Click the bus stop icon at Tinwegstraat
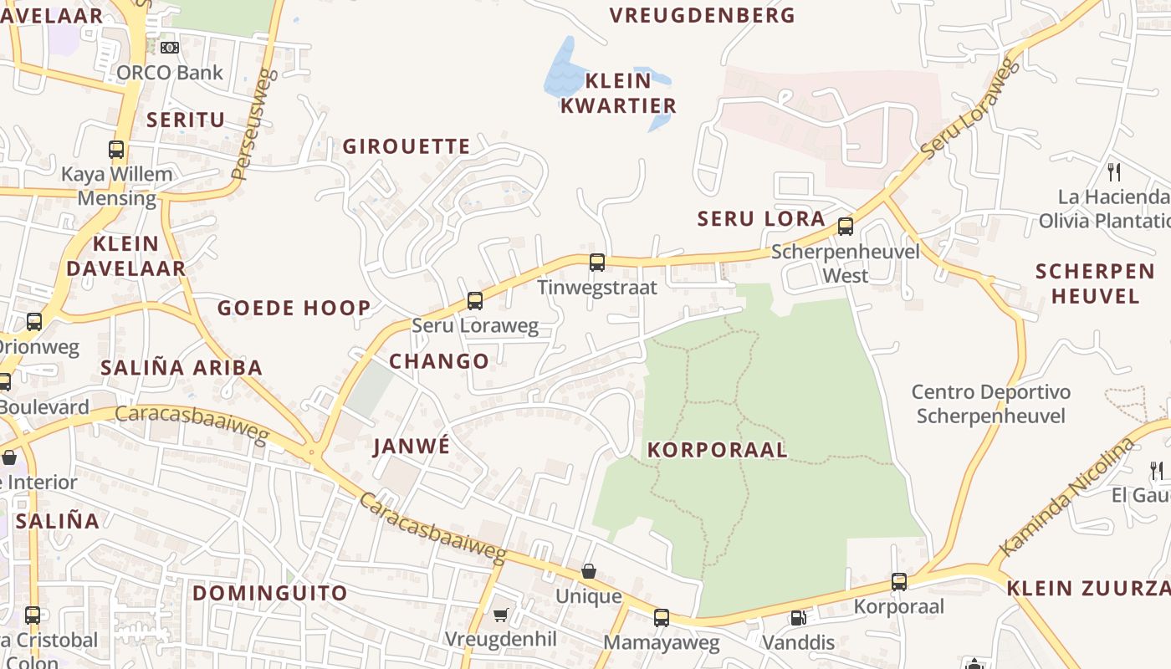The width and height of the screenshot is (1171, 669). [597, 263]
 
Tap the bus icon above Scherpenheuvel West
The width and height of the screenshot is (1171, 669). [846, 226]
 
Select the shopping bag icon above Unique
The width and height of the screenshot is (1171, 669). [589, 571]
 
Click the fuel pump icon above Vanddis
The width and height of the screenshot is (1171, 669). [799, 618]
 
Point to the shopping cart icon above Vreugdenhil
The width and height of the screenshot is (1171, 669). [500, 615]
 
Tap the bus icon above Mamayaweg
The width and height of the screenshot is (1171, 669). [662, 618]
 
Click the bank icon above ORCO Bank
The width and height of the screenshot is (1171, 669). [170, 48]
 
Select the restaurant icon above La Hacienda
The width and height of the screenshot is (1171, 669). [1114, 172]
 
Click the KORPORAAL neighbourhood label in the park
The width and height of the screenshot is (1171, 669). [718, 450]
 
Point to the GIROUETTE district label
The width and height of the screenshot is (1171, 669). [407, 146]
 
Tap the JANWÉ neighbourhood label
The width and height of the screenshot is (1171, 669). [412, 446]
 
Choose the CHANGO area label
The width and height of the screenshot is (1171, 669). [439, 361]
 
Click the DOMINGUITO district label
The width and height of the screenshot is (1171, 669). [270, 593]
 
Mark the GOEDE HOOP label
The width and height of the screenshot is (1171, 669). [294, 308]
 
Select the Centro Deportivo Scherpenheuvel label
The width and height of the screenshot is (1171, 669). [990, 403]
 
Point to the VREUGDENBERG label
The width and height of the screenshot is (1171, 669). [702, 15]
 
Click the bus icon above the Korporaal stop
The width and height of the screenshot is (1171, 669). [899, 581]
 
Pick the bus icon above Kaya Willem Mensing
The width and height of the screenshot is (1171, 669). [116, 150]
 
